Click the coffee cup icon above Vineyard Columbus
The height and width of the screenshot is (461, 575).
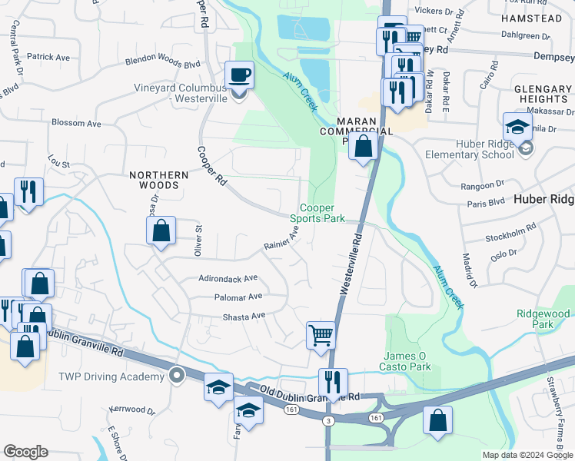pyautogui.click(x=238, y=77)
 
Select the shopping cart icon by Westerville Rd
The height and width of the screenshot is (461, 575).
pyautogui.click(x=321, y=335)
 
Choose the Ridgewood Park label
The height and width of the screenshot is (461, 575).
pyautogui.click(x=543, y=320)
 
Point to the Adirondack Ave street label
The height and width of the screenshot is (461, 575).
pyautogui.click(x=228, y=278)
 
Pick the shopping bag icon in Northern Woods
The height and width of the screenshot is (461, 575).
pyautogui.click(x=161, y=230)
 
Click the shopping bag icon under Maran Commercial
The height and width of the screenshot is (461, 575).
pyautogui.click(x=363, y=146)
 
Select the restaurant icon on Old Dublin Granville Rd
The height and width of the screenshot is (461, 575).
pyautogui.click(x=333, y=382)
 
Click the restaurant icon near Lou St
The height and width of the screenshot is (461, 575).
pyautogui.click(x=29, y=191)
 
